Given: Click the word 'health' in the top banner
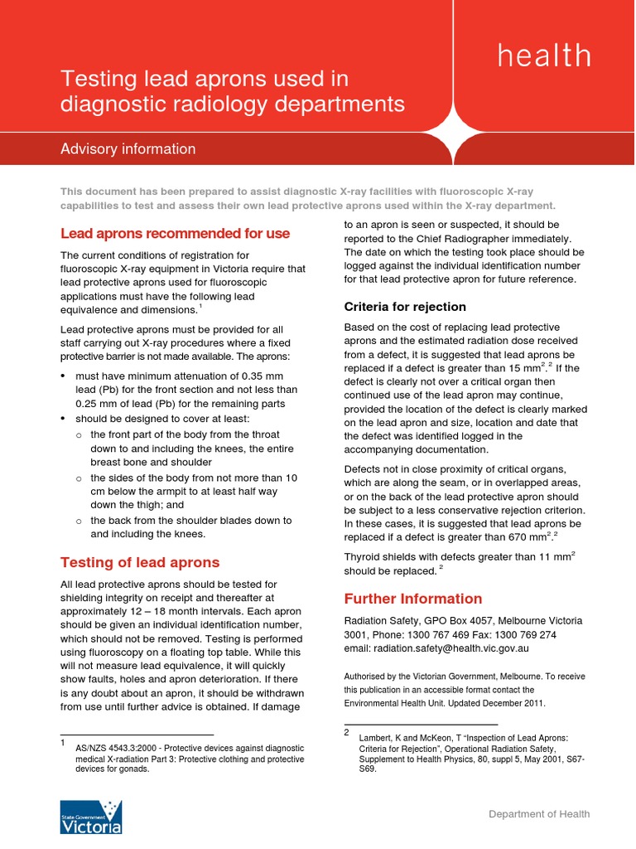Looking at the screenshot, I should click(x=544, y=56).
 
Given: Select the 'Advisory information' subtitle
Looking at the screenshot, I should click(x=128, y=149).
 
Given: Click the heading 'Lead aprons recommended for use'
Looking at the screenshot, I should click(x=175, y=234).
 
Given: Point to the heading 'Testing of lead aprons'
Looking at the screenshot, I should click(x=140, y=562).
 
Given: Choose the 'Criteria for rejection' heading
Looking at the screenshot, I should click(x=405, y=307).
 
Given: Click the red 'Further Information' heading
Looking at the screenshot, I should click(x=412, y=599).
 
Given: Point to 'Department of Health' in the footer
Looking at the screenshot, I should click(x=539, y=814).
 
